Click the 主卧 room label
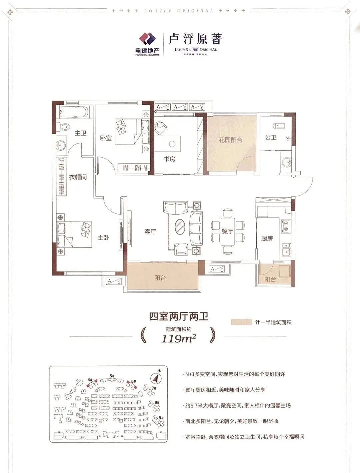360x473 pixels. [103, 238]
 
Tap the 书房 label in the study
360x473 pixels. [169, 159]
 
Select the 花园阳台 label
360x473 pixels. [230, 140]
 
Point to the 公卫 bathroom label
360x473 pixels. [271, 137]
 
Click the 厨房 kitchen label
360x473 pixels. [267, 238]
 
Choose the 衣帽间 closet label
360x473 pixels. [78, 177]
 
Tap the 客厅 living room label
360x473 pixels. [150, 232]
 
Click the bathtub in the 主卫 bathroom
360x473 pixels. [73, 112]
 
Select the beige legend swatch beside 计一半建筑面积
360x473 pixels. [242, 322]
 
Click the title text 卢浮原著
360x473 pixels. [195, 39]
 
